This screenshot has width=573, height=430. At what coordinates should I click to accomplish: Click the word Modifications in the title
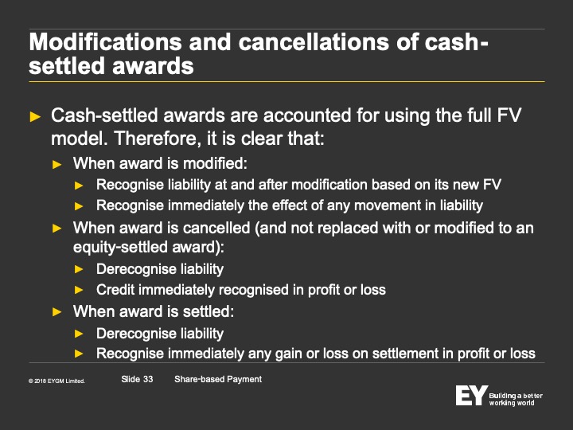(x=105, y=42)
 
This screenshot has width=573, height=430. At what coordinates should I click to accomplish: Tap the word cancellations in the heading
(x=314, y=42)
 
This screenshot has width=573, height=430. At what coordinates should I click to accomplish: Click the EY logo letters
(x=471, y=395)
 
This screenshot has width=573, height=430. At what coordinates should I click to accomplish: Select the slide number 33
(x=148, y=379)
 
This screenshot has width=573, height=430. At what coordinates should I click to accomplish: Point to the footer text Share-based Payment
(x=218, y=379)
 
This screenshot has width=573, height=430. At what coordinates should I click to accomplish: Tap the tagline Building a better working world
(x=516, y=399)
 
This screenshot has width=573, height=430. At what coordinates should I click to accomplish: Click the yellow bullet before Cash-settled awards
(x=35, y=116)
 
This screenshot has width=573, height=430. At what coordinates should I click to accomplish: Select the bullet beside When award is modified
(x=57, y=165)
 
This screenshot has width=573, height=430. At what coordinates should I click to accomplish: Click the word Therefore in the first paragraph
(x=158, y=139)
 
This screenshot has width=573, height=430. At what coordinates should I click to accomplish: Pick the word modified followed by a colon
(x=215, y=163)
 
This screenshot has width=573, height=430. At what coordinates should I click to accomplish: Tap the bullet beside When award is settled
(x=57, y=312)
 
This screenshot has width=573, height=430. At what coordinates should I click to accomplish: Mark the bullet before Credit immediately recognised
(x=79, y=290)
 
